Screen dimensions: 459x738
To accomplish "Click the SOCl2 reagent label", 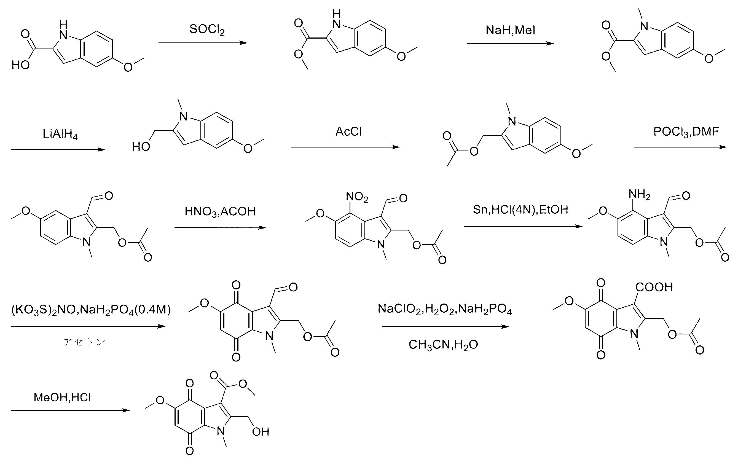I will pos(207,30).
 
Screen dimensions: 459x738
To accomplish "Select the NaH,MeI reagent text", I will pos(510,30).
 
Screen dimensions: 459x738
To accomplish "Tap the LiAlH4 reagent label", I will pos(60,134).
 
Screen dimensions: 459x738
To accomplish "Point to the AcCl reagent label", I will pos(348,132).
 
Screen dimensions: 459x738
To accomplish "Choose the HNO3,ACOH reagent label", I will pos(220,212).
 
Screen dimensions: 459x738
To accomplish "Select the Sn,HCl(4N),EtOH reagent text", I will pos(520,210).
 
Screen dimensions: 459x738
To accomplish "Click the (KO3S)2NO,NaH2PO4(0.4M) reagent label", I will pos(91,310).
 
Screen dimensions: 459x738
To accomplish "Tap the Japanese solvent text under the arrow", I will pos(84,342).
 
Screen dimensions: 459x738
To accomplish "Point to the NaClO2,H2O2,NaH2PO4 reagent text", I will pos(445,309).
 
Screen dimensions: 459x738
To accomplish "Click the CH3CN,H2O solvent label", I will pos(443,345).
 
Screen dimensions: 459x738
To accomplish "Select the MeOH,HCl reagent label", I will pos(62,397).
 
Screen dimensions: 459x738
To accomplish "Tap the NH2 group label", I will pos(639,194).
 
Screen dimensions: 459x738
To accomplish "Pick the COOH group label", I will pos(654,287).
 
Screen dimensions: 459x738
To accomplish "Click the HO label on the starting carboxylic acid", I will pos(21,65).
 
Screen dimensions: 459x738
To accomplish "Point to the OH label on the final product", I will pos(261,432).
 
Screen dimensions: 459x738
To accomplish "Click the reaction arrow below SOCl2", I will pos(203,43).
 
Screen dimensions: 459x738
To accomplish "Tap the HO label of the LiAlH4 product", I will pos(141,147).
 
